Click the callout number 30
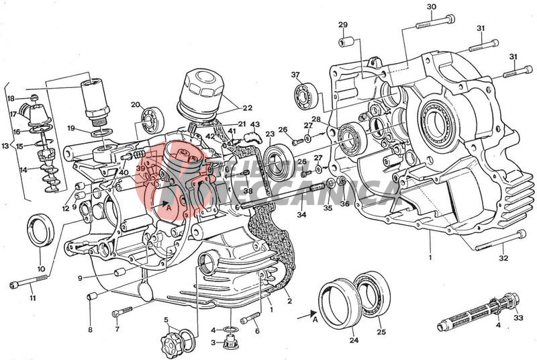(x=432, y=7)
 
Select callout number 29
(x=343, y=25)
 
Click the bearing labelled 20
(x=151, y=120)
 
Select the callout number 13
(x=5, y=146)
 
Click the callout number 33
(x=518, y=318)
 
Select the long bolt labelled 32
(x=501, y=242)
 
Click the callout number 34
(x=301, y=215)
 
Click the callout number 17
(x=13, y=114)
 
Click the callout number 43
(x=254, y=125)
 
